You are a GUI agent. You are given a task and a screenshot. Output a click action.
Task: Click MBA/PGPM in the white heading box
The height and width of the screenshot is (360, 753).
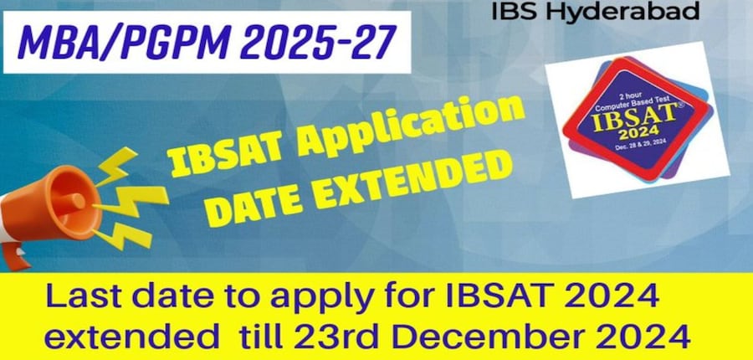point(122,43)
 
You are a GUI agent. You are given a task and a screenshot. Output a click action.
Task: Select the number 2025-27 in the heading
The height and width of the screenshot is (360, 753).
point(318,43)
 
